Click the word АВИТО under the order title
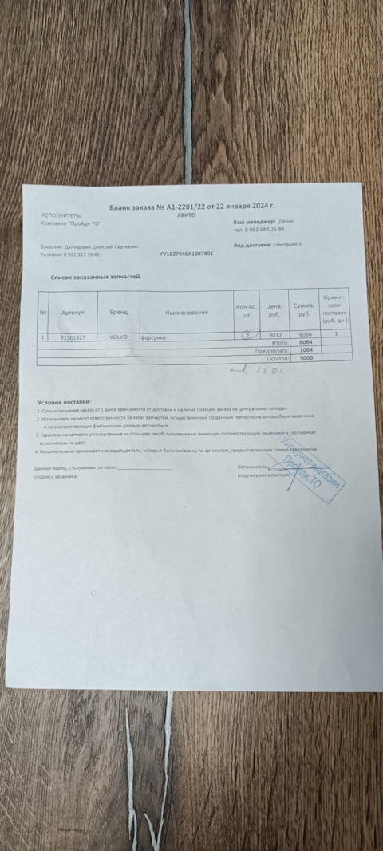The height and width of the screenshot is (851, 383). (195, 215)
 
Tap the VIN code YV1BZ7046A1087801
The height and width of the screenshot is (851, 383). (186, 254)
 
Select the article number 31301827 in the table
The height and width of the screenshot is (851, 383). (73, 337)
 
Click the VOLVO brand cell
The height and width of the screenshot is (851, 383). (118, 337)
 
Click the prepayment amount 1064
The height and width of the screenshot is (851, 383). (305, 350)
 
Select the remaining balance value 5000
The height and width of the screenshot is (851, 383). (305, 359)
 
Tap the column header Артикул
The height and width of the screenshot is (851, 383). (73, 312)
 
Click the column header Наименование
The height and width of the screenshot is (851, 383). (187, 312)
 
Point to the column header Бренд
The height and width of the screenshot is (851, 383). (118, 312)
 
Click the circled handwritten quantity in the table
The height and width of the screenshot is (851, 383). (248, 335)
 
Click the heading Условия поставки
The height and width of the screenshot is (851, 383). (65, 401)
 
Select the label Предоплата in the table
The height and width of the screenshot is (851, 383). (270, 350)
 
